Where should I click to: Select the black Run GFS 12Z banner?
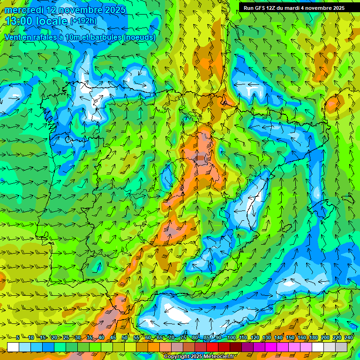pyautogui.click(x=293, y=7)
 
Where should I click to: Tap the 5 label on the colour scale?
pyautogui.click(x=17, y=338)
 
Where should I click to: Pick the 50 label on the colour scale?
pyautogui.click(x=125, y=338)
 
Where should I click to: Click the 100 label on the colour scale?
pyautogui.click(x=231, y=338)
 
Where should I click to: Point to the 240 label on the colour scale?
pyautogui.click(x=349, y=338)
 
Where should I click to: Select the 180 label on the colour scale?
pyautogui.click(x=313, y=338)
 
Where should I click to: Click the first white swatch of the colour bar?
pyautogui.click(x=13, y=347)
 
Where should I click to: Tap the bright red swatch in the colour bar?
pyautogui.click(x=212, y=347)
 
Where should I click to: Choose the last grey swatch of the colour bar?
pyautogui.click(x=341, y=347)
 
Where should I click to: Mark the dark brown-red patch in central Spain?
pyautogui.click(x=201, y=158)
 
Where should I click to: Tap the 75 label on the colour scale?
pyautogui.click(x=183, y=338)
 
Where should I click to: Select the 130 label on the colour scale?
pyautogui.click(x=266, y=338)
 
